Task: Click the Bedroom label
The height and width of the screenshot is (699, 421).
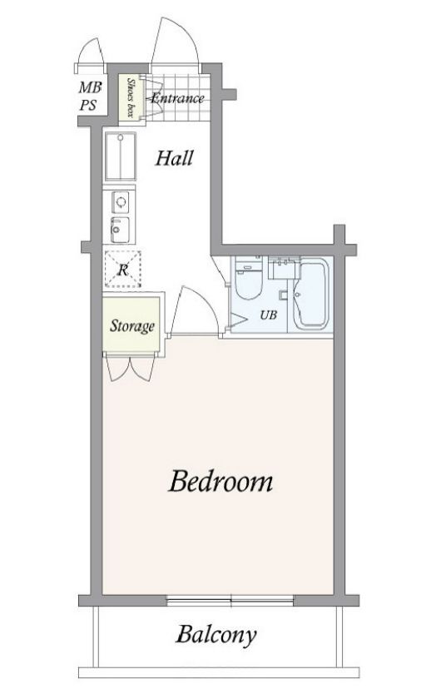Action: pyautogui.click(x=220, y=482)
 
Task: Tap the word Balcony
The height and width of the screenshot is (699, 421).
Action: pyautogui.click(x=216, y=635)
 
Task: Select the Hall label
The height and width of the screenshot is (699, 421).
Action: pyautogui.click(x=174, y=158)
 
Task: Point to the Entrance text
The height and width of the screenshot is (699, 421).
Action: pyautogui.click(x=178, y=97)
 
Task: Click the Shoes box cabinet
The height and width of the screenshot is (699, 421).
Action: pyautogui.click(x=131, y=97)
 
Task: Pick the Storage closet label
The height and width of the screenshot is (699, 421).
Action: pyautogui.click(x=132, y=326)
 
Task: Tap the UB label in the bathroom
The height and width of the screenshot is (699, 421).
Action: pyautogui.click(x=268, y=315)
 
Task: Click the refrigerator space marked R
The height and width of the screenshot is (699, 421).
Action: pyautogui.click(x=123, y=269)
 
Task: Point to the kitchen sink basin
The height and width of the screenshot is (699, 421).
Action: pyautogui.click(x=120, y=230)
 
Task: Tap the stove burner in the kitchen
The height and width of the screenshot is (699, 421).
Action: pyautogui.click(x=121, y=202)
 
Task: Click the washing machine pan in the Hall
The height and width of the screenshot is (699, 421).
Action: pyautogui.click(x=121, y=156)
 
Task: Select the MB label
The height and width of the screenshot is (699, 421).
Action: pyautogui.click(x=90, y=87)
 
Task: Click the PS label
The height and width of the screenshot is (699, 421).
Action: pyautogui.click(x=88, y=105)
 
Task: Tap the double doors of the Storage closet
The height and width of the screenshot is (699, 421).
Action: pyautogui.click(x=131, y=368)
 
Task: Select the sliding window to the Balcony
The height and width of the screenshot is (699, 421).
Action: pyautogui.click(x=230, y=600)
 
